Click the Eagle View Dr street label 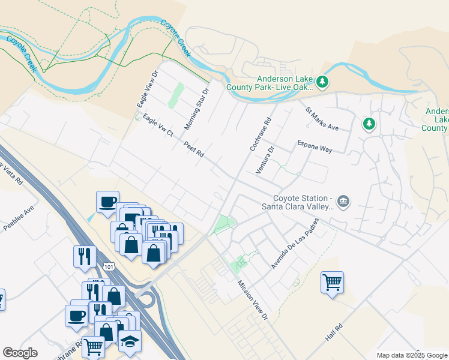click(x=146, y=89)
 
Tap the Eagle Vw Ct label click(x=158, y=125)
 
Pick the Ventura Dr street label click(x=265, y=160)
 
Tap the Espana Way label click(x=315, y=146)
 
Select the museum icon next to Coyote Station click(x=343, y=202)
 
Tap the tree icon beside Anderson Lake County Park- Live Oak click(x=322, y=82)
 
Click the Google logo click(x=20, y=353)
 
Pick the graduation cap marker click(x=130, y=341)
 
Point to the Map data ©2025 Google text click(x=412, y=355)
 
